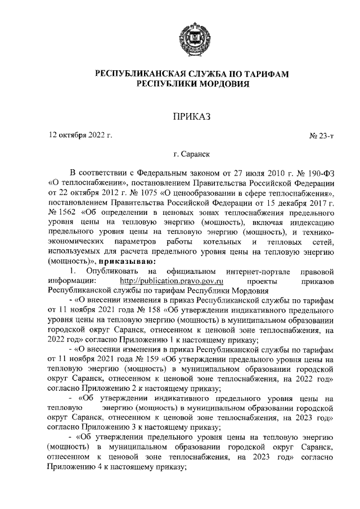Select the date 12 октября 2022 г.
[x=80, y=136]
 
